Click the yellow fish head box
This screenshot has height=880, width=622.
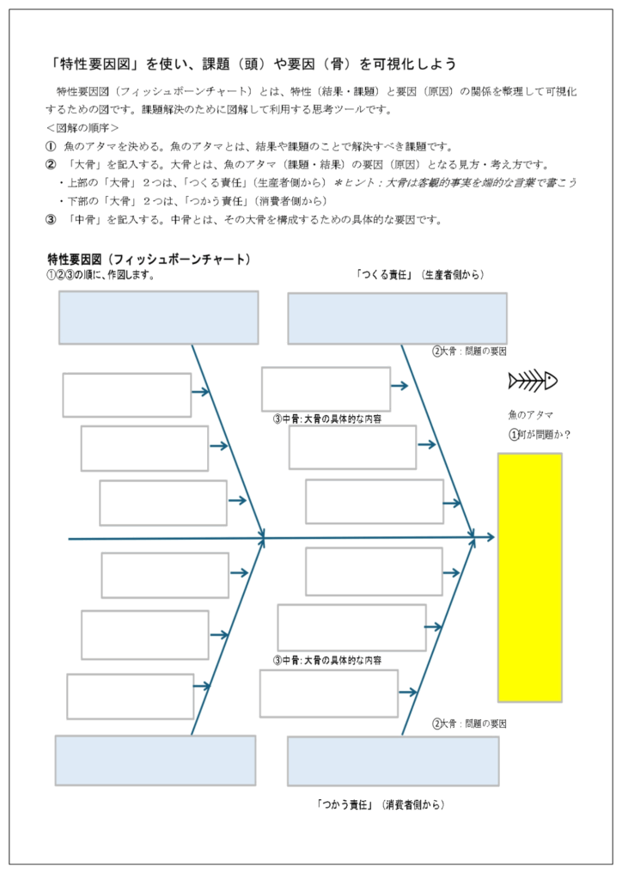tap(529, 577)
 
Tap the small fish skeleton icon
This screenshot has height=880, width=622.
tap(533, 380)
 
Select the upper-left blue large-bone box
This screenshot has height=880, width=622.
tap(158, 318)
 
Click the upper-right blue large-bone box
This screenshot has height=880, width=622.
tap(397, 318)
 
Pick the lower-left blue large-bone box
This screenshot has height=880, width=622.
tap(155, 760)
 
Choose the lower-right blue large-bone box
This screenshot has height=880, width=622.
tap(393, 761)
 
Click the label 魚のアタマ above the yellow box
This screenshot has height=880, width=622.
tap(530, 414)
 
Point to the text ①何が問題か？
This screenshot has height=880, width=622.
tap(540, 434)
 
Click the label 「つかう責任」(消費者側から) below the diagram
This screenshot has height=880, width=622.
tap(381, 805)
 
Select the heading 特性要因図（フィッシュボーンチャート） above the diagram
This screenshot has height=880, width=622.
tap(149, 259)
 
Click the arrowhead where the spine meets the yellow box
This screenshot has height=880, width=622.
tap(490, 538)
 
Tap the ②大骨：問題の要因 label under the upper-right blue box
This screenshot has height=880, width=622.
tap(469, 351)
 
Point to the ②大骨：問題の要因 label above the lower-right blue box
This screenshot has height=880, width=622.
tap(469, 724)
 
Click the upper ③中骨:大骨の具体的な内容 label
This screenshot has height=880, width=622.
tap(327, 419)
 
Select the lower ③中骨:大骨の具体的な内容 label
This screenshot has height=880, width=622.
tap(327, 660)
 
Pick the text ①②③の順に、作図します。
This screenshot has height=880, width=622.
tap(101, 276)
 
